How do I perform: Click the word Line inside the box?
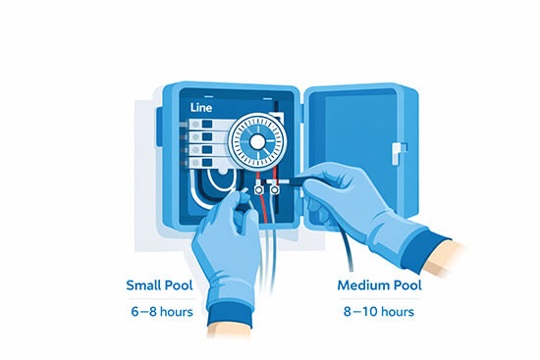[201, 107]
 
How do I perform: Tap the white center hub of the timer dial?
[257, 141]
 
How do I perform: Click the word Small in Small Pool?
[143, 285]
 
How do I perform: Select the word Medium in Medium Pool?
[363, 285]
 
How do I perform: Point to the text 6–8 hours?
[162, 312]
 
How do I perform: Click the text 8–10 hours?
[379, 312]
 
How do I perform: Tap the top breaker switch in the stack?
[207, 124]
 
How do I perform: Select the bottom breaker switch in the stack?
[207, 163]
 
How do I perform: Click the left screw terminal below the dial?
[258, 189]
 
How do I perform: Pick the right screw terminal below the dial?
[275, 189]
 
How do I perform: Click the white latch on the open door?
[399, 152]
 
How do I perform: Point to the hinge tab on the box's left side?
[159, 127]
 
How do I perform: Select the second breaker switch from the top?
[207, 137]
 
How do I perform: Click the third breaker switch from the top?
[207, 150]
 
